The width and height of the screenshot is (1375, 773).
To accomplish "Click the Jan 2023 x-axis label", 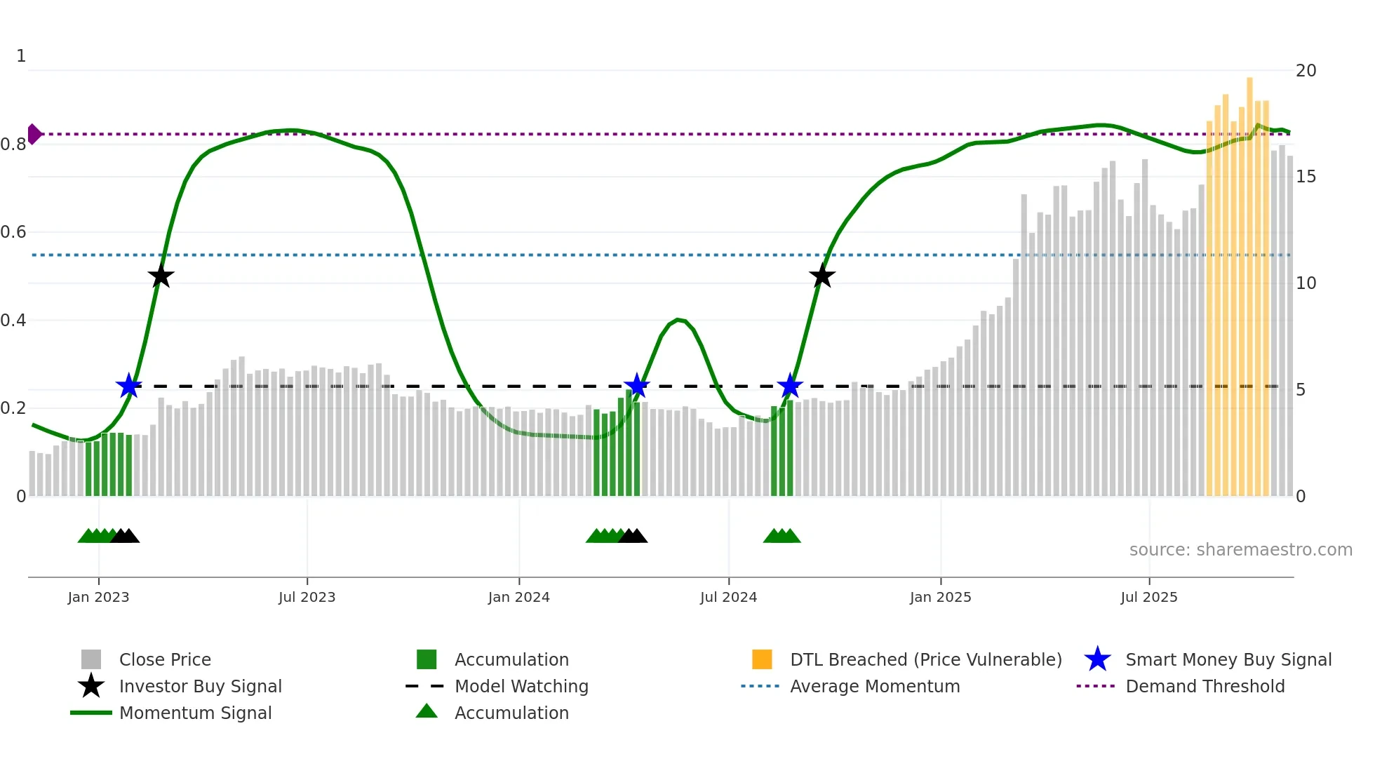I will pos(98,597).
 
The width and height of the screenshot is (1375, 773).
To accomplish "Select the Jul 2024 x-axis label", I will pos(728,597).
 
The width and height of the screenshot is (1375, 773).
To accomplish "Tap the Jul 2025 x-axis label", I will pos(1148,597).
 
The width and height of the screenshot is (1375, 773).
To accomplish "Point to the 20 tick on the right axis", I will pos(1306,71).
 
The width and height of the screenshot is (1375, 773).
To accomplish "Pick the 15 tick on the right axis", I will pos(1306,177).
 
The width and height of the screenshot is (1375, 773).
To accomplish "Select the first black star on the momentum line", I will pos(161,276).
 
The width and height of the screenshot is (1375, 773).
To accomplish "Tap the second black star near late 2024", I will pos(821,276).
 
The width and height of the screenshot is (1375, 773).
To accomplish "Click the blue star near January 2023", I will pos(128,386).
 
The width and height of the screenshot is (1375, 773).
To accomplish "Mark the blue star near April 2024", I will pos(636,386).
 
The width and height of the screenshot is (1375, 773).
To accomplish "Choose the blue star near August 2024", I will pos(789,386).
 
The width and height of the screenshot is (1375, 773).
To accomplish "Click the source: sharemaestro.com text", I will pos(1240,550).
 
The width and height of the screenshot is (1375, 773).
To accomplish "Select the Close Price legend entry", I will pos(164,659).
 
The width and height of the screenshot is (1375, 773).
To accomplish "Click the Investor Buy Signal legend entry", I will pos(200,686).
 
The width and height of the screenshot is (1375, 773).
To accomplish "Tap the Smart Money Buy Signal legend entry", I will pos(1228,659).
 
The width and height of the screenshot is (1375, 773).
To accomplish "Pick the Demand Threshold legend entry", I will pos(1205,686).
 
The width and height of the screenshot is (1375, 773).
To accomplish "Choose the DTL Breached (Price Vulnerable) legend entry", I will pos(925,659).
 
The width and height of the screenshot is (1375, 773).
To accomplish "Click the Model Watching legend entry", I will pos(521,686).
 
